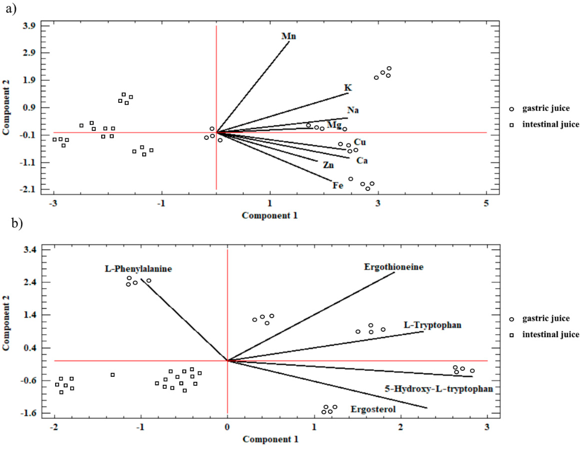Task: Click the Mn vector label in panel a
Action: click(289, 36)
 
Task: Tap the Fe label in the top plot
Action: click(338, 185)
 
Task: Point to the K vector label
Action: click(348, 88)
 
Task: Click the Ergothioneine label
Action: click(394, 267)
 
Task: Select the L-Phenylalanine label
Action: click(138, 269)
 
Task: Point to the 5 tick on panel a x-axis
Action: click(487, 203)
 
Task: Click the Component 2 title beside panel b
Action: click(6, 323)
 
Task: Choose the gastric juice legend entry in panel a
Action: click(546, 108)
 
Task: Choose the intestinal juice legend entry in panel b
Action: click(550, 334)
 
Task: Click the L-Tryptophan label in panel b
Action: click(432, 325)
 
